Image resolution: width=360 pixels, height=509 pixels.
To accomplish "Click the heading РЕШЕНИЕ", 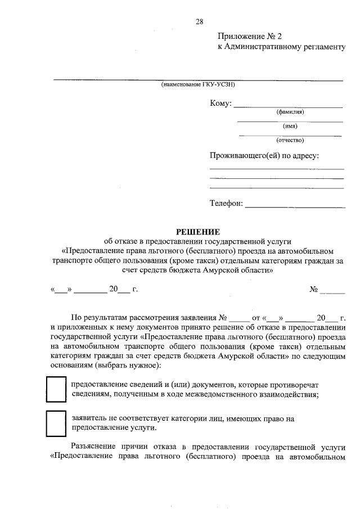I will point(199,231).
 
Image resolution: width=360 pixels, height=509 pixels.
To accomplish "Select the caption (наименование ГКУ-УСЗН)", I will point(197,85).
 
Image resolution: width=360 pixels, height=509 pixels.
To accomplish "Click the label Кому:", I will point(220,103).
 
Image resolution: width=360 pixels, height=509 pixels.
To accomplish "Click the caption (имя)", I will point(290,127).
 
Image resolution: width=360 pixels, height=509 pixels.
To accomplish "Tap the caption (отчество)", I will point(290,140).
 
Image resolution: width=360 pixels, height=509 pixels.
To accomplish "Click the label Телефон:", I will point(226,204).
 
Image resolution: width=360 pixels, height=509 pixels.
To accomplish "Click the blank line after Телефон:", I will point(295,206).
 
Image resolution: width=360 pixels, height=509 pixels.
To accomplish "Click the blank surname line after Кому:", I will point(287,106).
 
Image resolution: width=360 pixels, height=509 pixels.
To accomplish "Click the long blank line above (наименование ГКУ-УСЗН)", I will point(197,80).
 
